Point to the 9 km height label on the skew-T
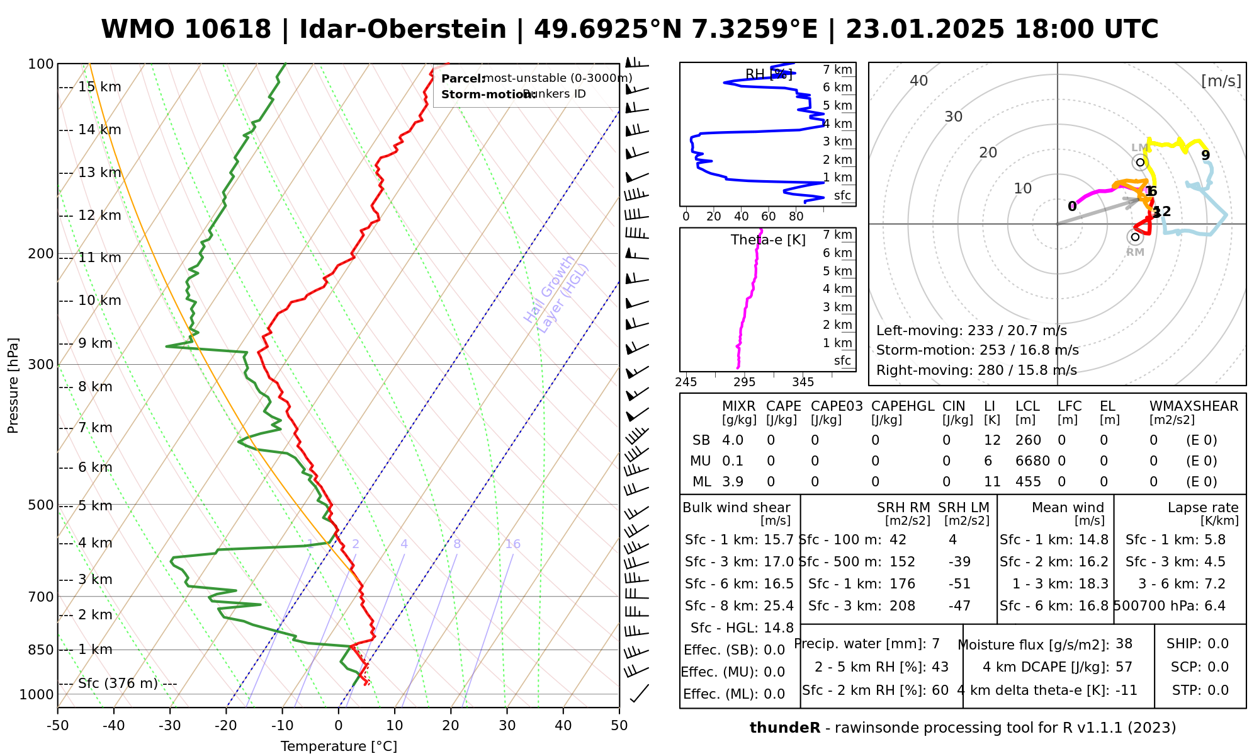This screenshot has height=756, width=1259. pyautogui.click(x=94, y=343)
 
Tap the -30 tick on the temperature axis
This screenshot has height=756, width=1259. pyautogui.click(x=170, y=726)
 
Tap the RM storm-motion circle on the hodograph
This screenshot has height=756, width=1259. pyautogui.click(x=1135, y=238)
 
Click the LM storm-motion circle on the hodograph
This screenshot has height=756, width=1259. pyautogui.click(x=1140, y=163)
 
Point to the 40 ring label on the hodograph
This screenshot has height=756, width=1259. pyautogui.click(x=919, y=81)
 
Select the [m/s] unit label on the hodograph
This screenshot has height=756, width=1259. pyautogui.click(x=1221, y=81)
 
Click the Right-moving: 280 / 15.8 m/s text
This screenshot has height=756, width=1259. pyautogui.click(x=976, y=370)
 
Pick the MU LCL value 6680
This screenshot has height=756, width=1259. pyautogui.click(x=1032, y=461)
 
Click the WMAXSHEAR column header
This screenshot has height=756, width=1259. pyautogui.click(x=1194, y=406)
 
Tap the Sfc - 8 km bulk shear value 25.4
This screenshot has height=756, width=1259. pyautogui.click(x=779, y=606)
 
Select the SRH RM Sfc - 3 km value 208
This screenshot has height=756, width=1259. pyautogui.click(x=902, y=606)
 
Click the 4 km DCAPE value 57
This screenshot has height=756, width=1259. pyautogui.click(x=1124, y=667)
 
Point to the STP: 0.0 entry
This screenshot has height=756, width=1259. pyautogui.click(x=1200, y=690)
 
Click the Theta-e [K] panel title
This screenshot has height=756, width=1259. pyautogui.click(x=768, y=240)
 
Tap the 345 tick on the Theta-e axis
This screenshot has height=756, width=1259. pyautogui.click(x=803, y=382)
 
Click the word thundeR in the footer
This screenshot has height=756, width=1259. pyautogui.click(x=784, y=728)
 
